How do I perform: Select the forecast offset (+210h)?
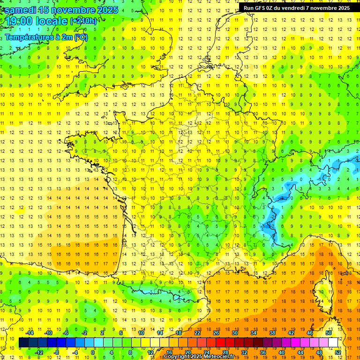pyautogui.click(x=83, y=21)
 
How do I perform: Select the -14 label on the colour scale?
pyautogui.click(x=30, y=333)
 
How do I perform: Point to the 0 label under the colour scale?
pyautogui.click(x=93, y=352)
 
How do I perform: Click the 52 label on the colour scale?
pyautogui.click(x=338, y=352)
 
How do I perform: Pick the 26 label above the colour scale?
pyautogui.click(x=216, y=333)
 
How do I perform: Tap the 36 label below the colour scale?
pyautogui.click(x=263, y=352)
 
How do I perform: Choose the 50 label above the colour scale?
pyautogui.click(x=329, y=333)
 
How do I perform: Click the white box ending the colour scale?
pyautogui.click(x=333, y=342)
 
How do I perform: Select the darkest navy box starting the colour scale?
pyautogui.click(x=24, y=342)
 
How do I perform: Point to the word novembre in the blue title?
pyautogui.click(x=73, y=10)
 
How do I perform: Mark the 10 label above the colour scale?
pyautogui.click(x=141, y=333)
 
